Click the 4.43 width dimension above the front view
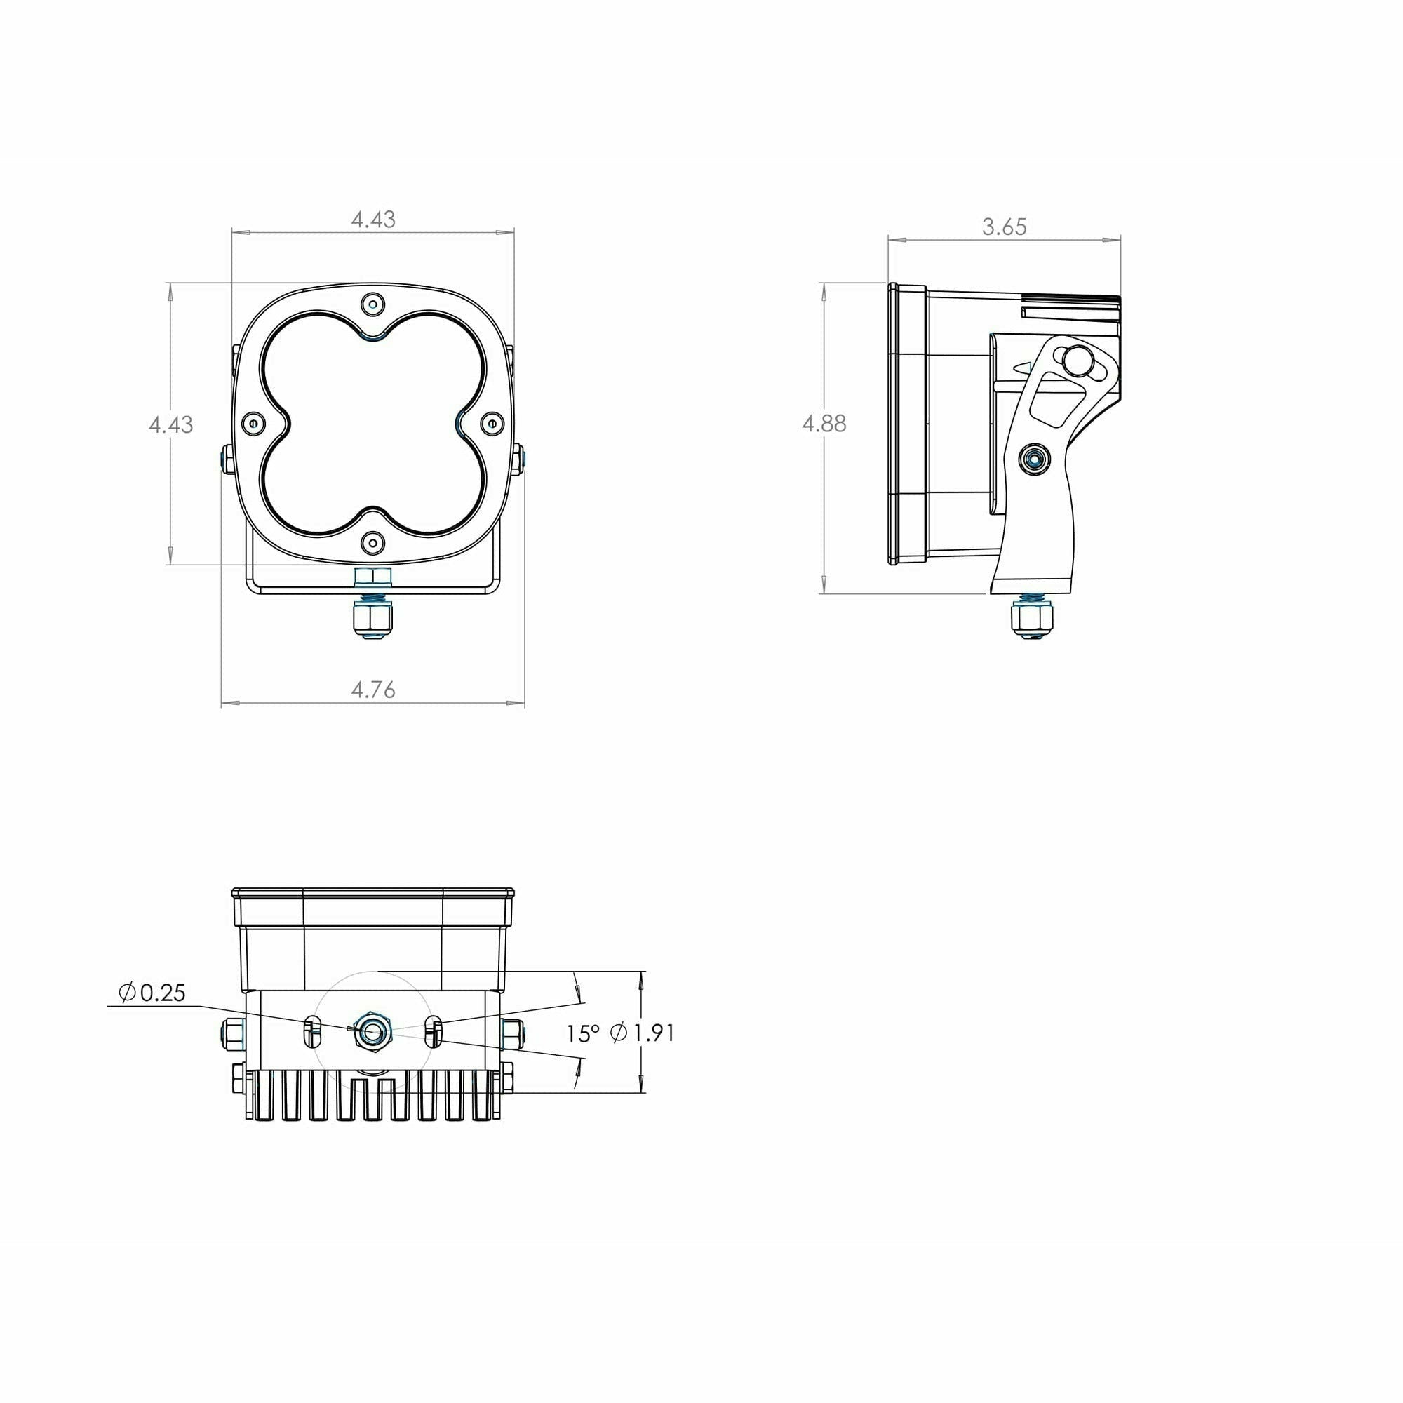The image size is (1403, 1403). (x=373, y=220)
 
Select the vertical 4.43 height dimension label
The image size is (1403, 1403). (x=170, y=424)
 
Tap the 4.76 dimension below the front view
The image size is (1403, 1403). (x=373, y=689)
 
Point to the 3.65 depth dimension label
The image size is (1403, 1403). (x=1005, y=227)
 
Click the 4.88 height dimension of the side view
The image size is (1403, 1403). (x=824, y=424)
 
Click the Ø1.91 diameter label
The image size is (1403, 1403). (x=643, y=1033)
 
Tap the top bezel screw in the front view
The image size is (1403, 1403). (x=372, y=303)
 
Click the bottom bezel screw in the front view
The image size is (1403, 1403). (x=372, y=541)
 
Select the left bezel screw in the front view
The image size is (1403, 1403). (x=253, y=422)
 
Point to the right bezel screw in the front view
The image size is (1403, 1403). (x=492, y=422)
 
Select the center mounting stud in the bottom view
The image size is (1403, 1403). (x=373, y=1031)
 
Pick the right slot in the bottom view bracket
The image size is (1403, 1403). (x=434, y=1031)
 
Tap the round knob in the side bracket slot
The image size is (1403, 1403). (x=1073, y=358)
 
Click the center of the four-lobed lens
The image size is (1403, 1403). (x=372, y=422)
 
